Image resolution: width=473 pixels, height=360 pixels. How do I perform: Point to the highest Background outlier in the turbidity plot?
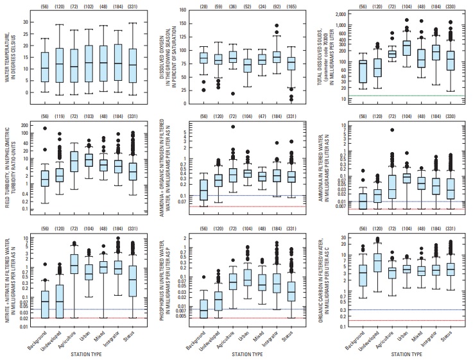44,129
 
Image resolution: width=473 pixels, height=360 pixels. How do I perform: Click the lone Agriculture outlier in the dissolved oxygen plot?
232,94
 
